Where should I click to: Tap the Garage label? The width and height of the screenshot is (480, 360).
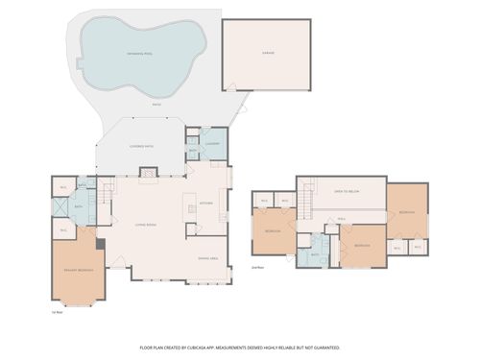click(x=267, y=53)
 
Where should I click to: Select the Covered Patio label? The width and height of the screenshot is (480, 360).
click(x=142, y=146)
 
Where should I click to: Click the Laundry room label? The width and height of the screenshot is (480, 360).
click(x=213, y=144)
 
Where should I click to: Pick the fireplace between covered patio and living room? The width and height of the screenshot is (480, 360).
click(x=149, y=172)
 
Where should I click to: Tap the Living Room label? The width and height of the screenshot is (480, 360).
click(x=146, y=225)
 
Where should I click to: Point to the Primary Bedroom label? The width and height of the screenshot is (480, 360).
click(x=79, y=272)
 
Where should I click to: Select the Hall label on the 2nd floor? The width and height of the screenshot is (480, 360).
click(x=341, y=218)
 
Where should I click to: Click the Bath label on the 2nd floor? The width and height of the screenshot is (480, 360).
click(x=315, y=255)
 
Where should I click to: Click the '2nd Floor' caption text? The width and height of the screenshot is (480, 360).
click(x=257, y=268)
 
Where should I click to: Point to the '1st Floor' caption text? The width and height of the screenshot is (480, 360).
click(x=59, y=311)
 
